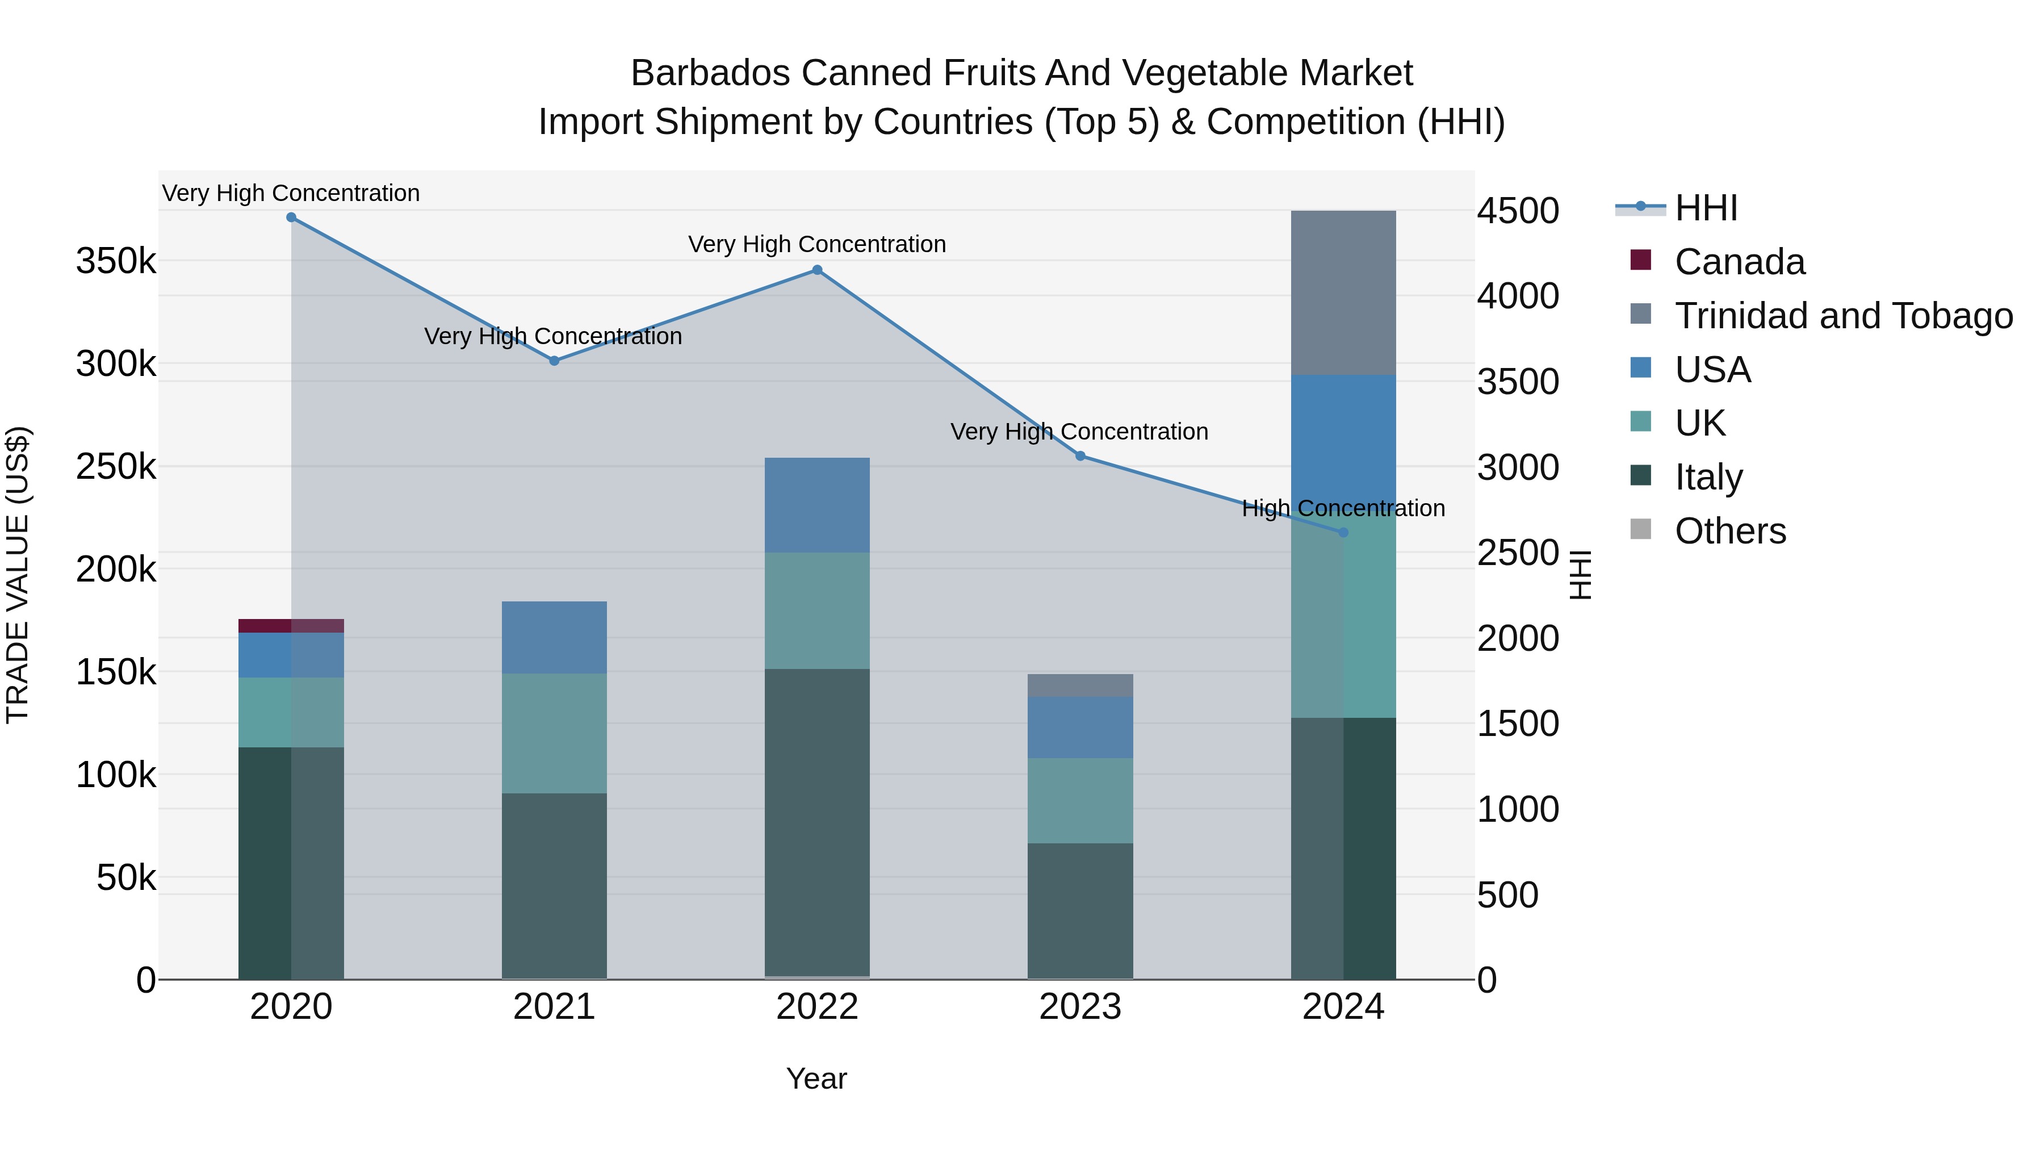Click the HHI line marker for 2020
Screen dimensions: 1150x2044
(x=291, y=218)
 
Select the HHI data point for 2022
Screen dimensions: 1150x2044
(x=817, y=270)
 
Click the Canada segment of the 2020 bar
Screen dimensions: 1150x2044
(x=291, y=625)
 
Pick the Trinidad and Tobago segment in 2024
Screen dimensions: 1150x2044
(x=1343, y=292)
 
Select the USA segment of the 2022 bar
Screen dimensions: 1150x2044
(x=817, y=505)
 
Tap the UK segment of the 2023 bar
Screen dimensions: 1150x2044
(x=1080, y=800)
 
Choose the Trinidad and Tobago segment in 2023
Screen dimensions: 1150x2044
(x=1080, y=685)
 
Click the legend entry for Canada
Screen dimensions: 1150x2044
(x=1739, y=262)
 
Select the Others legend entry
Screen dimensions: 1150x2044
(x=1730, y=531)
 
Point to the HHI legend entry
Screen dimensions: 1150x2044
(x=1706, y=208)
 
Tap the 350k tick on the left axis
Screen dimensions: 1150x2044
(x=116, y=261)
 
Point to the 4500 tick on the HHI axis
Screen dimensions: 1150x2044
(x=1517, y=212)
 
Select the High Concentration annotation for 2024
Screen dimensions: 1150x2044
(x=1343, y=508)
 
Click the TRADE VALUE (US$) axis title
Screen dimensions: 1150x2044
(x=18, y=575)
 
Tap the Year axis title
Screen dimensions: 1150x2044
(x=816, y=1078)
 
